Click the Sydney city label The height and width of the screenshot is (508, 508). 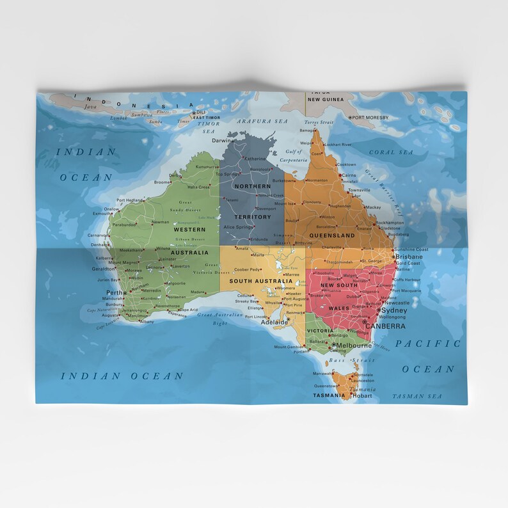click(393, 310)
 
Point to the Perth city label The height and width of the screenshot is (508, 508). click(114, 293)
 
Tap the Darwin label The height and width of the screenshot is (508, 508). click(221, 140)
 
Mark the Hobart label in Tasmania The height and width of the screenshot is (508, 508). click(361, 395)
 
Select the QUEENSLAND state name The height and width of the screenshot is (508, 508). click(332, 235)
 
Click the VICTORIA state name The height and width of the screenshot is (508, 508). click(320, 331)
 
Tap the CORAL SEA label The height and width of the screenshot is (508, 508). click(391, 152)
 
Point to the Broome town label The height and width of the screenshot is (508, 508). click(163, 182)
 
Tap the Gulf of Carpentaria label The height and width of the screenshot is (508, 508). click(294, 157)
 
